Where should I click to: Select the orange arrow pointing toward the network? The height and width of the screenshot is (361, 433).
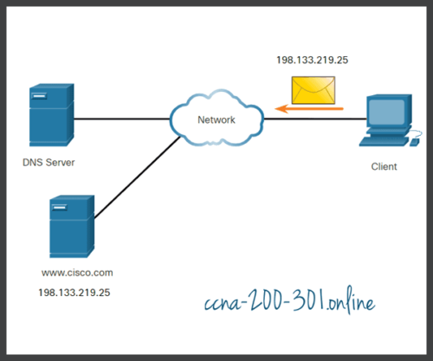click(x=308, y=108)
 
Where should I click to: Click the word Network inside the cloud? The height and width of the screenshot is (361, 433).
click(x=216, y=119)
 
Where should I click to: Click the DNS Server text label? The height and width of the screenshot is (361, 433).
click(x=48, y=162)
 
